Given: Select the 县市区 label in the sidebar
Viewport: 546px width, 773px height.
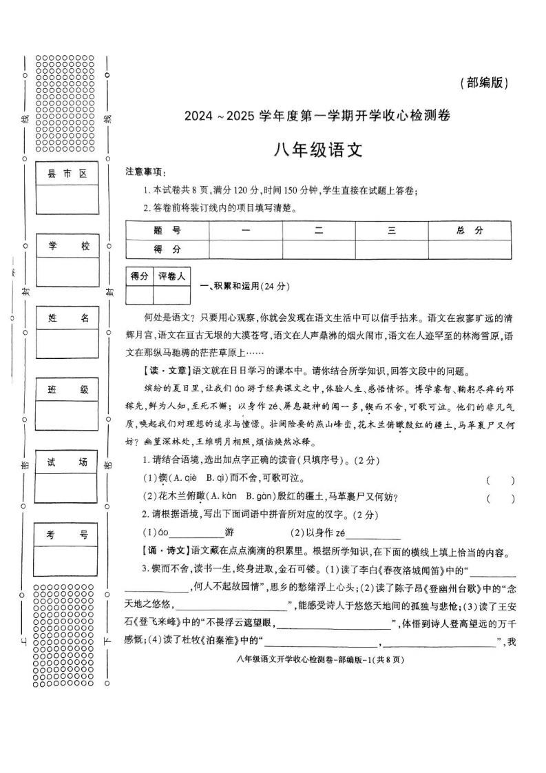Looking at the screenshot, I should tap(67, 174).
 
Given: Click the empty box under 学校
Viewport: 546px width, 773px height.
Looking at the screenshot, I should tap(67, 271).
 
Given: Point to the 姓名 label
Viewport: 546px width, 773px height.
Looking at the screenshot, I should tap(67, 318).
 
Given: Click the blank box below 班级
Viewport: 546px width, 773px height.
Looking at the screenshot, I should tap(67, 415).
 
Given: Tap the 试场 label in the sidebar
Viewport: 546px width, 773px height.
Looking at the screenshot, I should tap(67, 462).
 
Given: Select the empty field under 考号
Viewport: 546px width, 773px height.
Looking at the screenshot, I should tap(67, 559).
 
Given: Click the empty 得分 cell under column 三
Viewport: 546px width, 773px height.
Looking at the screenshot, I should tap(391, 249).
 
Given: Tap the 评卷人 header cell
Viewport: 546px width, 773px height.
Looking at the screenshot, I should tap(171, 276).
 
